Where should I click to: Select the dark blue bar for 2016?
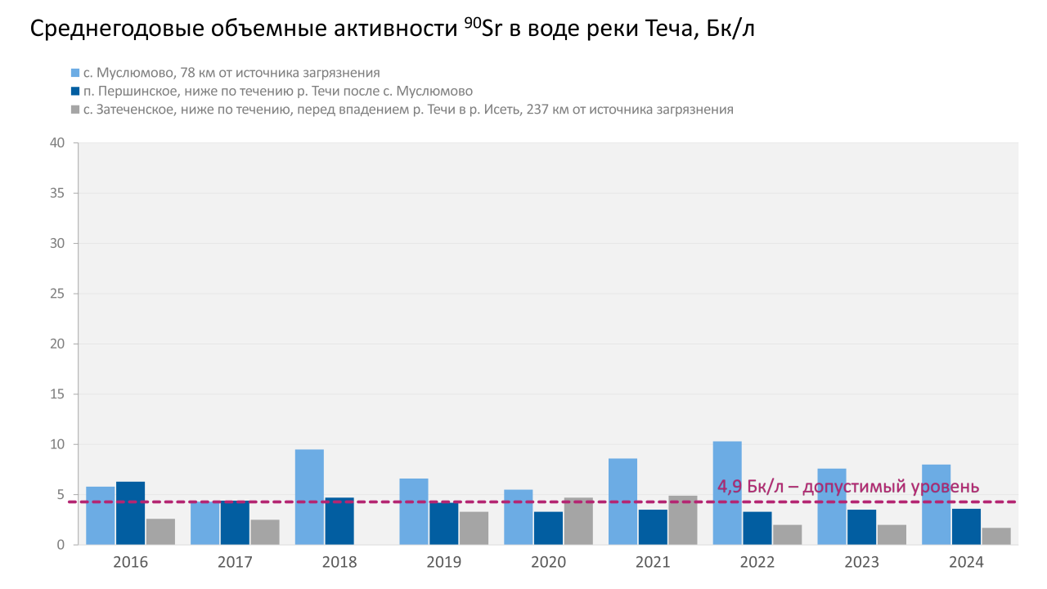tap(130, 513)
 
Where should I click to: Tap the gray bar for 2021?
tap(683, 520)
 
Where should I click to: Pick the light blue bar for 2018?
tap(309, 497)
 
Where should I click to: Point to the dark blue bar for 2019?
tap(444, 524)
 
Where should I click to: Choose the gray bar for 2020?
tap(578, 521)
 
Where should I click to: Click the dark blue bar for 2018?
tap(339, 521)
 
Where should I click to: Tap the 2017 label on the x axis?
tap(235, 562)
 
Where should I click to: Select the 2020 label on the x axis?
tap(548, 562)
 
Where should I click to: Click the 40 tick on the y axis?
tap(56, 143)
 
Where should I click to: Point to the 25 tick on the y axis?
tap(56, 294)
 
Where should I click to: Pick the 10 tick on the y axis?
tap(56, 444)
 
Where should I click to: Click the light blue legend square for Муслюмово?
tap(75, 73)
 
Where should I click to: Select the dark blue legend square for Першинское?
tap(75, 91)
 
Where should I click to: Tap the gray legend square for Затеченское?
tap(75, 109)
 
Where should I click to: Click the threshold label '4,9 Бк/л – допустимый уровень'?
tap(848, 487)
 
